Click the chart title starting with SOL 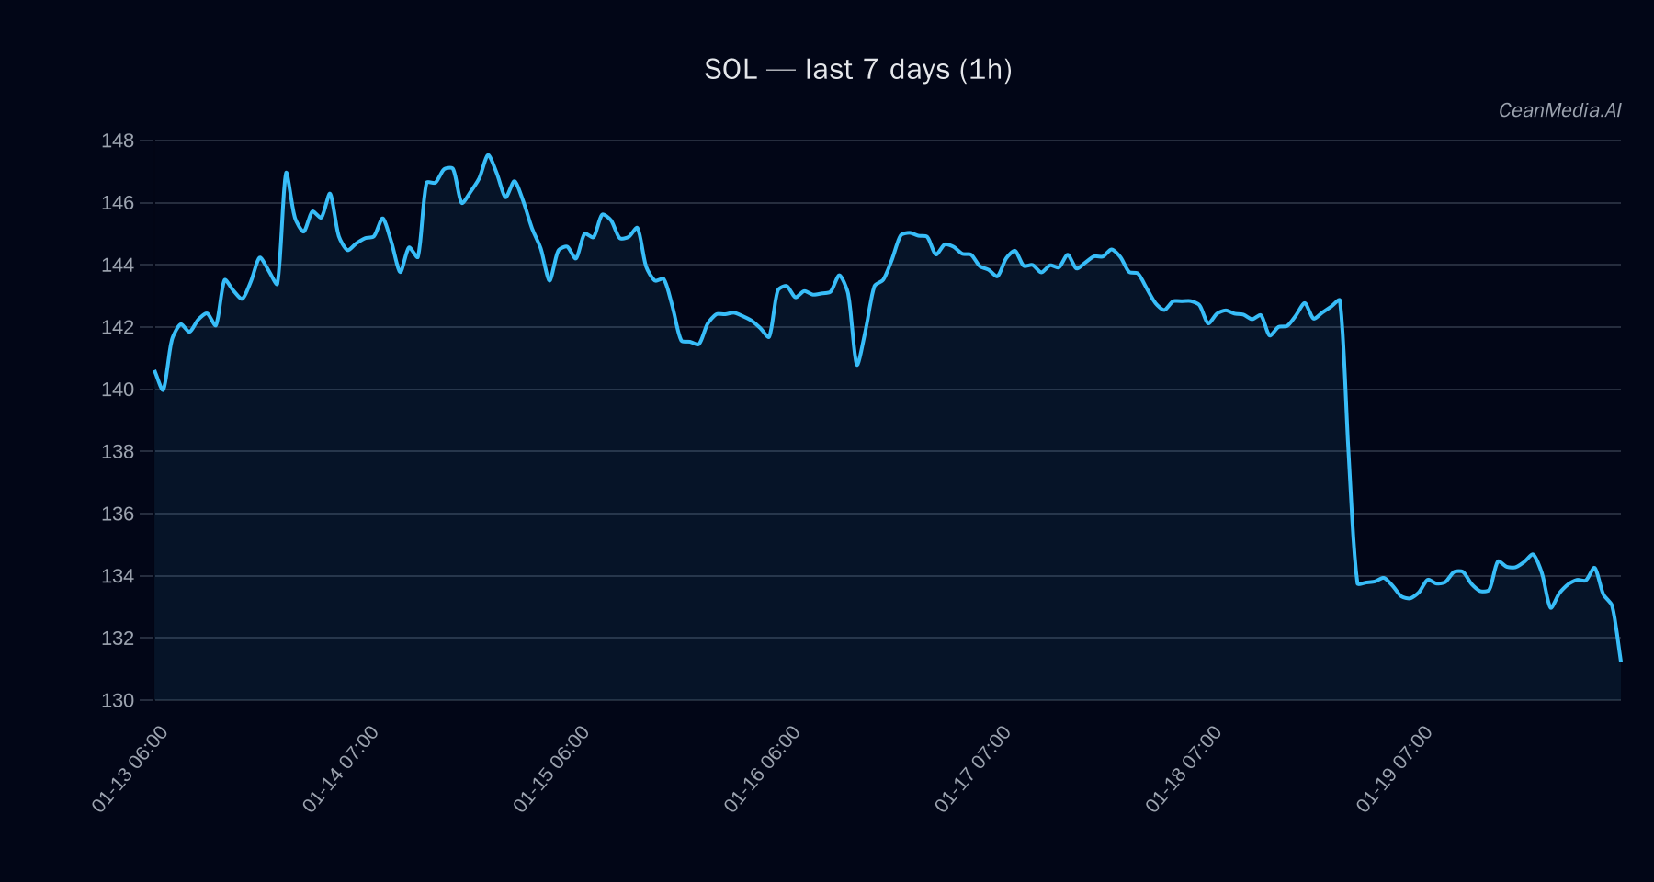(857, 70)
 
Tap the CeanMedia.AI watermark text (1559, 110)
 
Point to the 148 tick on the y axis (118, 141)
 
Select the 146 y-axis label (118, 203)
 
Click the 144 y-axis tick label (118, 266)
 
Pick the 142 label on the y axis (118, 327)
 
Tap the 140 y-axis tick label (118, 390)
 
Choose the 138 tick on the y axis (118, 451)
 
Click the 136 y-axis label (118, 514)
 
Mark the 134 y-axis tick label (118, 576)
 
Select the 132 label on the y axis (118, 638)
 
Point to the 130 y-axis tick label (118, 700)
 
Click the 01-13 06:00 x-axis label (130, 769)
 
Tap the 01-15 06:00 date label (552, 769)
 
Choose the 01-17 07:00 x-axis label (973, 769)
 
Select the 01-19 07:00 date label (1395, 769)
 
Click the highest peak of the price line (488, 155)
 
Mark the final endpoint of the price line (1620, 660)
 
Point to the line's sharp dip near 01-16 (857, 365)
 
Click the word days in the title (919, 70)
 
